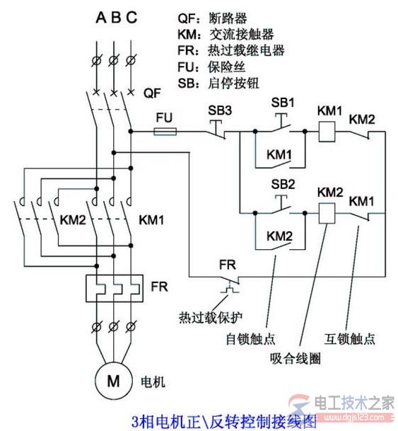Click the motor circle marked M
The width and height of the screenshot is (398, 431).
click(x=113, y=381)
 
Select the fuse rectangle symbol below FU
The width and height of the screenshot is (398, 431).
click(x=165, y=132)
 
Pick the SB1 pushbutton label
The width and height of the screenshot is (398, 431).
click(x=283, y=102)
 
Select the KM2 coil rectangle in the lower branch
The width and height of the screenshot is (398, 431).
click(x=327, y=212)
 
